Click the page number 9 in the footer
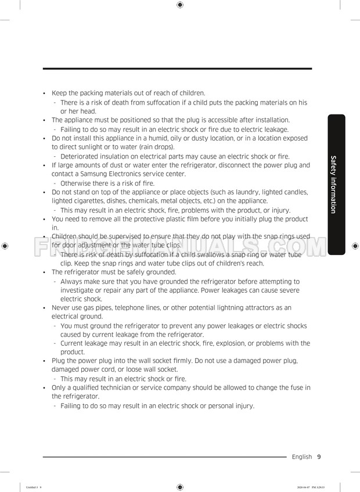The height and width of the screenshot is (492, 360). pyautogui.click(x=319, y=457)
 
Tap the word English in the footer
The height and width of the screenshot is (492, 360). pyautogui.click(x=301, y=457)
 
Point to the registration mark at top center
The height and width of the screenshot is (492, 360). pyautogui.click(x=179, y=5)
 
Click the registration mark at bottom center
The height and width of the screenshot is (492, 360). pyautogui.click(x=179, y=487)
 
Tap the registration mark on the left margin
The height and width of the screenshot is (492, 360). pyautogui.click(x=5, y=246)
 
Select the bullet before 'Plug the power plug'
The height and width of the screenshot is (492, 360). pyautogui.click(x=45, y=361)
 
